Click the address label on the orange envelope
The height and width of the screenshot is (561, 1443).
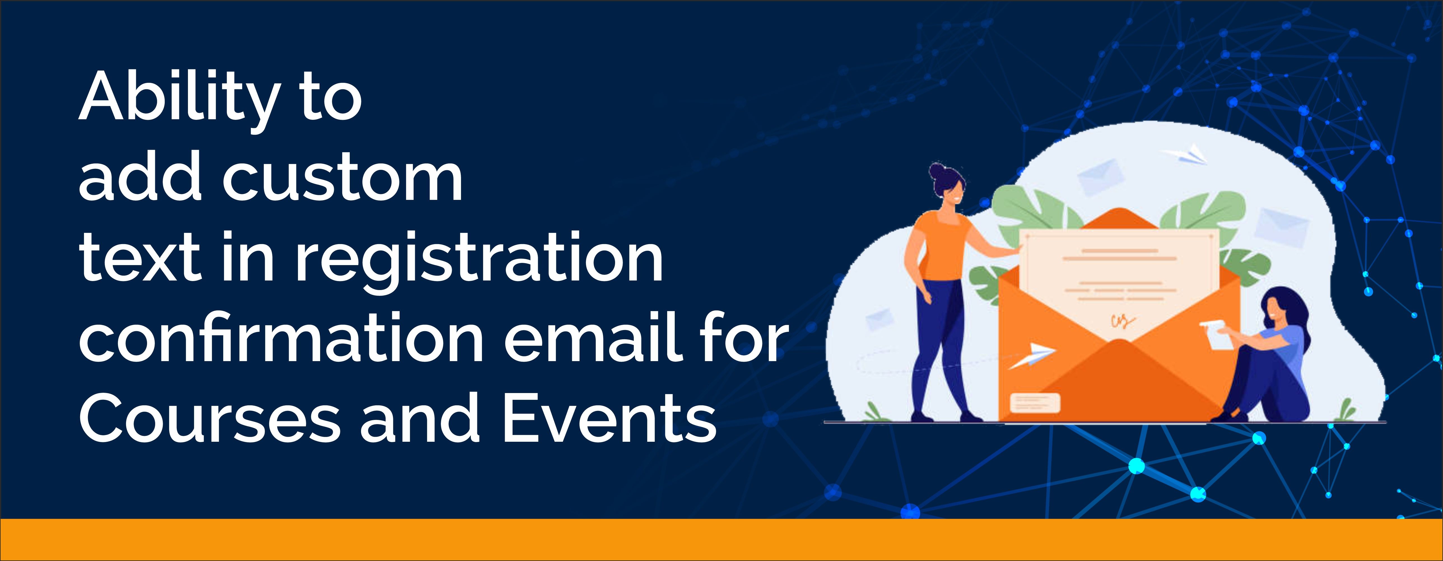point(1035,403)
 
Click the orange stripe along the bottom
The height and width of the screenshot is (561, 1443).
point(721,540)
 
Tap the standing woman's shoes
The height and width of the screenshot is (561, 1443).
point(947,417)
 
